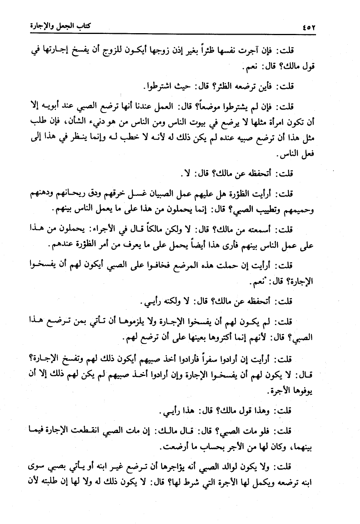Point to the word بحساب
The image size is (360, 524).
[x=204, y=448]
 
